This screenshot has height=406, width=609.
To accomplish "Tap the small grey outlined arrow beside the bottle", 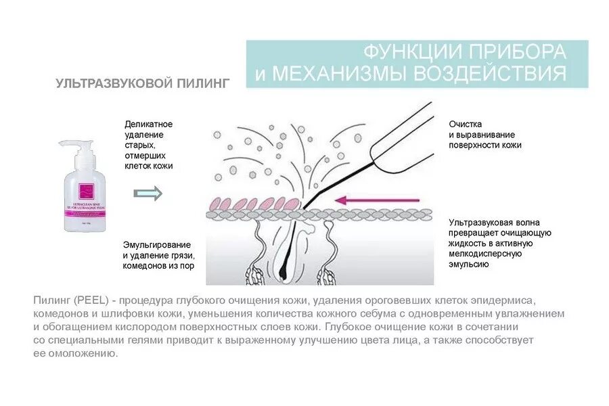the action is (x=148, y=194).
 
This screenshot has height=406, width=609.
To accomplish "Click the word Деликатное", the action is (x=149, y=125).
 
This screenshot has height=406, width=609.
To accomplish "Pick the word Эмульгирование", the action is (x=157, y=244).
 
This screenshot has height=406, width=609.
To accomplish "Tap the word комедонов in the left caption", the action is (x=148, y=266).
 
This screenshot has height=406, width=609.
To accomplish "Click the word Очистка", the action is (x=466, y=125).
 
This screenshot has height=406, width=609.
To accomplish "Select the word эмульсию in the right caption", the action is (x=468, y=264).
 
